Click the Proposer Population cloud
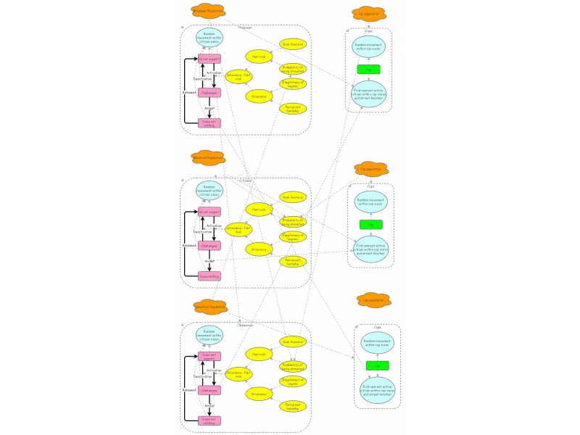click(208, 12)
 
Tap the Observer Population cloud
click(212, 307)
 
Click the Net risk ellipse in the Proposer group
click(257, 57)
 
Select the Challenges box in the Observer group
click(210, 390)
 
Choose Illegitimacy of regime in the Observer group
click(294, 381)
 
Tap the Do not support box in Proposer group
click(210, 58)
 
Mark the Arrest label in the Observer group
click(210, 406)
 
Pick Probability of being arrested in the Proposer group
click(294, 69)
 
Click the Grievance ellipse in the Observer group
click(257, 394)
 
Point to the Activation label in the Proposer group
click(215, 73)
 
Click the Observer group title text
click(245, 325)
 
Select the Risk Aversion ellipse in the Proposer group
click(294, 45)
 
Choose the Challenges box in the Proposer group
click(210, 93)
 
